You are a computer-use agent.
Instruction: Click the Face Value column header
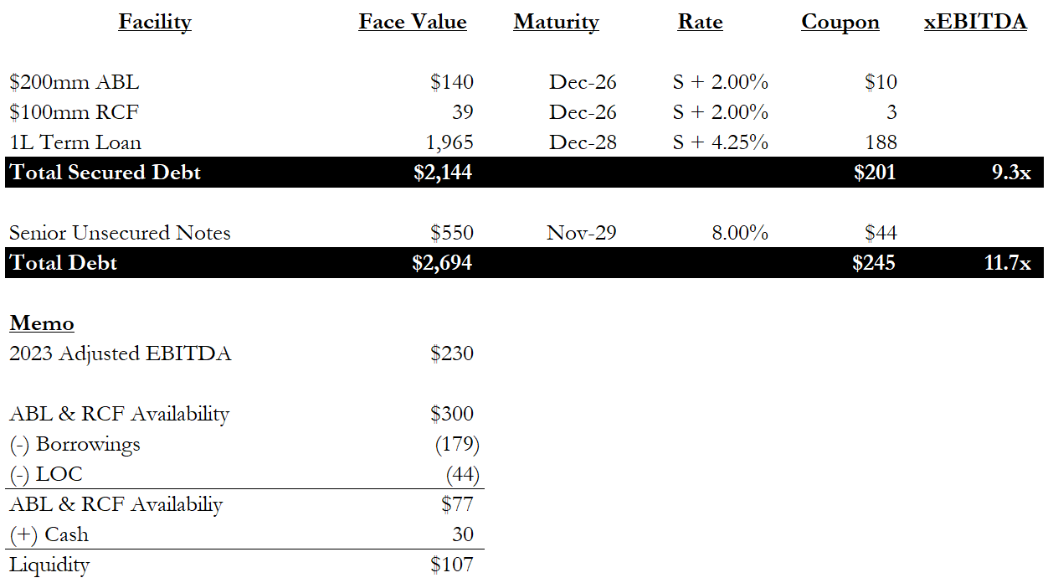(413, 22)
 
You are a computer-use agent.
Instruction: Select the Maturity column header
(556, 23)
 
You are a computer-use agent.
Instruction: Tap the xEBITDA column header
(975, 22)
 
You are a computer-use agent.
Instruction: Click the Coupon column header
(840, 23)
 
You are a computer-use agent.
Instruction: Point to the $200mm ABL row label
(74, 82)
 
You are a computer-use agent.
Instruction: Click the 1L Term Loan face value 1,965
(450, 142)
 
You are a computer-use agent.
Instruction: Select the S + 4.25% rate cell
(721, 142)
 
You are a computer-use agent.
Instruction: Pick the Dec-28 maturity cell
(583, 142)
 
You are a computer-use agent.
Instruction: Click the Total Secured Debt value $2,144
(443, 173)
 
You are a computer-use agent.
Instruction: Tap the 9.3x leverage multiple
(1011, 173)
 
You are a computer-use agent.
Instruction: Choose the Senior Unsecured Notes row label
(120, 233)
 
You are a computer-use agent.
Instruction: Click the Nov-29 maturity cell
(582, 233)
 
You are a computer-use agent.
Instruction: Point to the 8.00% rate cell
(740, 233)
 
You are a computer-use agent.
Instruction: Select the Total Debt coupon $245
(874, 263)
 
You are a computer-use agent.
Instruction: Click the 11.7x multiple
(1008, 263)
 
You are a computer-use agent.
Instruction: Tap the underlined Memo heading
(42, 323)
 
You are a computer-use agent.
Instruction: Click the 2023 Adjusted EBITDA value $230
(452, 353)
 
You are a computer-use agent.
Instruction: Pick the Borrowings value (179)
(457, 445)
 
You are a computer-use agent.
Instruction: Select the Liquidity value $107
(452, 565)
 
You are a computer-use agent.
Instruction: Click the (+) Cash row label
(49, 534)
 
